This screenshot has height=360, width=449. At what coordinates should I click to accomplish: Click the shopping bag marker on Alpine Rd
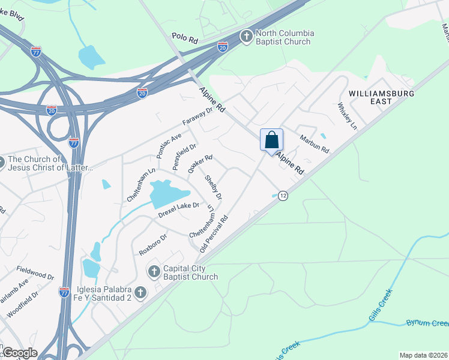tap(271, 140)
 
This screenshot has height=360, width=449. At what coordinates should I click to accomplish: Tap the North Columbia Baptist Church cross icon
tap(246, 37)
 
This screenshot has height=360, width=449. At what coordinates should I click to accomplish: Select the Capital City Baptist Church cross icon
tap(153, 272)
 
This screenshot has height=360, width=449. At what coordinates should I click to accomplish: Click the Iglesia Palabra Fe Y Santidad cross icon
tap(140, 293)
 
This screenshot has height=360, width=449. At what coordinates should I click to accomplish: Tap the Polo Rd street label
tap(184, 38)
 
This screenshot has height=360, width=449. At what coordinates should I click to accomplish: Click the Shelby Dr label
tap(214, 187)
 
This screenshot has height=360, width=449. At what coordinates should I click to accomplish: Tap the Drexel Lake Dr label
tap(178, 209)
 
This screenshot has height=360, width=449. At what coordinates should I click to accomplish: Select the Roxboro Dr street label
tap(152, 244)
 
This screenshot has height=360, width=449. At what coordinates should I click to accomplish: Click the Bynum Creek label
tap(427, 323)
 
